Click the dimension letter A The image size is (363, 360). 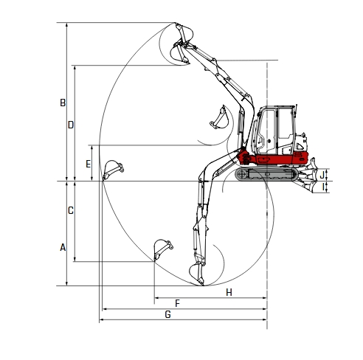click(63, 248)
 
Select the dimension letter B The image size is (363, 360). click(63, 103)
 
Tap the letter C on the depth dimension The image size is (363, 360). click(71, 210)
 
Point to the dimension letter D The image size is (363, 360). click(71, 125)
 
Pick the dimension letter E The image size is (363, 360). click(89, 163)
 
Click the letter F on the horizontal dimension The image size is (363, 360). click(177, 303)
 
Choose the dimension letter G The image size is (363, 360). click(168, 314)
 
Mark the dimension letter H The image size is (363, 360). click(229, 293)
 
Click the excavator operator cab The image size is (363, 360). click(276, 130)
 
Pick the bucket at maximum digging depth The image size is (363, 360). click(198, 272)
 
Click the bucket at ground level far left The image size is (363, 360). click(112, 169)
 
